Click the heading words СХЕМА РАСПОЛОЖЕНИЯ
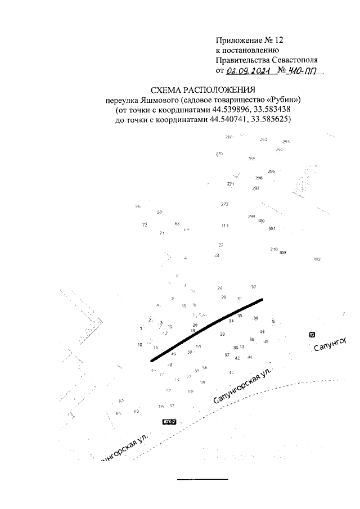[x=203, y=90]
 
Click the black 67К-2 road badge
[x=169, y=421]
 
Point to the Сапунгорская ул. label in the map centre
[x=242, y=387]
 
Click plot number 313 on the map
[x=224, y=226]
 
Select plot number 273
[x=224, y=204]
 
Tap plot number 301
[x=272, y=229]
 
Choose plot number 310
[x=274, y=249]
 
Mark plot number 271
[x=230, y=184]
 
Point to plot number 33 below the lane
[x=223, y=334]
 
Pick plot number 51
[x=199, y=346]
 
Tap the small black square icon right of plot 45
[x=312, y=335]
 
